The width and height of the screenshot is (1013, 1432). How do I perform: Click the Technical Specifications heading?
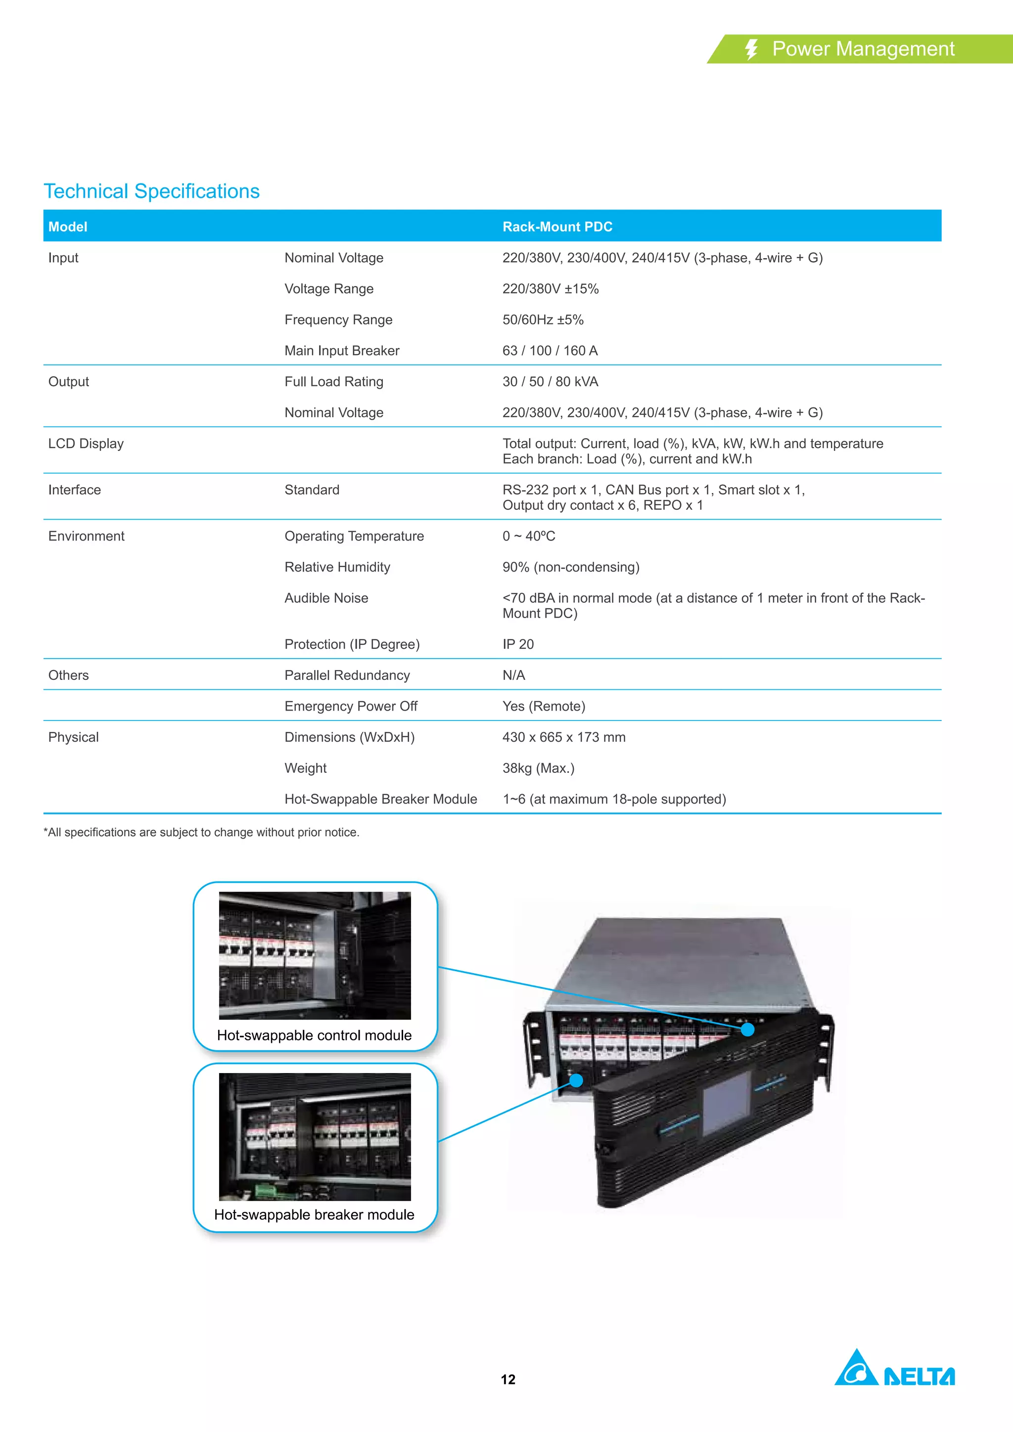[x=151, y=191]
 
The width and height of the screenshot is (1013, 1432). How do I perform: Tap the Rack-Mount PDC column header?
[x=557, y=227]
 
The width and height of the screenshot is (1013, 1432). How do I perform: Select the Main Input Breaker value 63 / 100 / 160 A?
[x=550, y=351]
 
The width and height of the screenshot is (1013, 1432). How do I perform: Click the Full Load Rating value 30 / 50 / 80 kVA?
[x=550, y=382]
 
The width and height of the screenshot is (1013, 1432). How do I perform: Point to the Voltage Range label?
[x=329, y=289]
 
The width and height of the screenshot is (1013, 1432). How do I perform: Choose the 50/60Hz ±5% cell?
[x=543, y=320]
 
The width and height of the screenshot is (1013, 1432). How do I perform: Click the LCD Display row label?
[x=86, y=444]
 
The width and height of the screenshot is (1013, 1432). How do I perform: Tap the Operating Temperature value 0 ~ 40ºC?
[x=528, y=537]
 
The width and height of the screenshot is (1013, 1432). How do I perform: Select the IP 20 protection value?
[x=518, y=644]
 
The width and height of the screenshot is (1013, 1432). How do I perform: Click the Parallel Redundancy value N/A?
[x=513, y=675]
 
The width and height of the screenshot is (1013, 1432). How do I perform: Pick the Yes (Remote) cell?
[x=543, y=706]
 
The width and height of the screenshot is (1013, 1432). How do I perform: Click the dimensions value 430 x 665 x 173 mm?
[x=563, y=737]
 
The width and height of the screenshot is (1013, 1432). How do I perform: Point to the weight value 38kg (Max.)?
[x=538, y=768]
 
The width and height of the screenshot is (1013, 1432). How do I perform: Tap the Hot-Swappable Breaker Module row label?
[x=380, y=799]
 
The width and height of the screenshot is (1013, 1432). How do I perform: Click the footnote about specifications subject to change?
[x=201, y=833]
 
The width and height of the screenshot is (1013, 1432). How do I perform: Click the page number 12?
[x=508, y=1380]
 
